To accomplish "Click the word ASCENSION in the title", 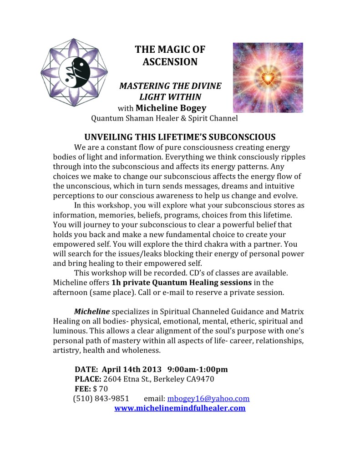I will (170, 61).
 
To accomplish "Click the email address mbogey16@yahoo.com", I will (208, 399).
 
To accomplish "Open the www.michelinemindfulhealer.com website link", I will (180, 408).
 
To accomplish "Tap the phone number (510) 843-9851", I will (101, 399).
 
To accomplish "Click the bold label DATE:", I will (86, 369).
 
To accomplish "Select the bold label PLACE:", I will (88, 379).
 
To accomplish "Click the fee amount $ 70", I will (101, 389).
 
